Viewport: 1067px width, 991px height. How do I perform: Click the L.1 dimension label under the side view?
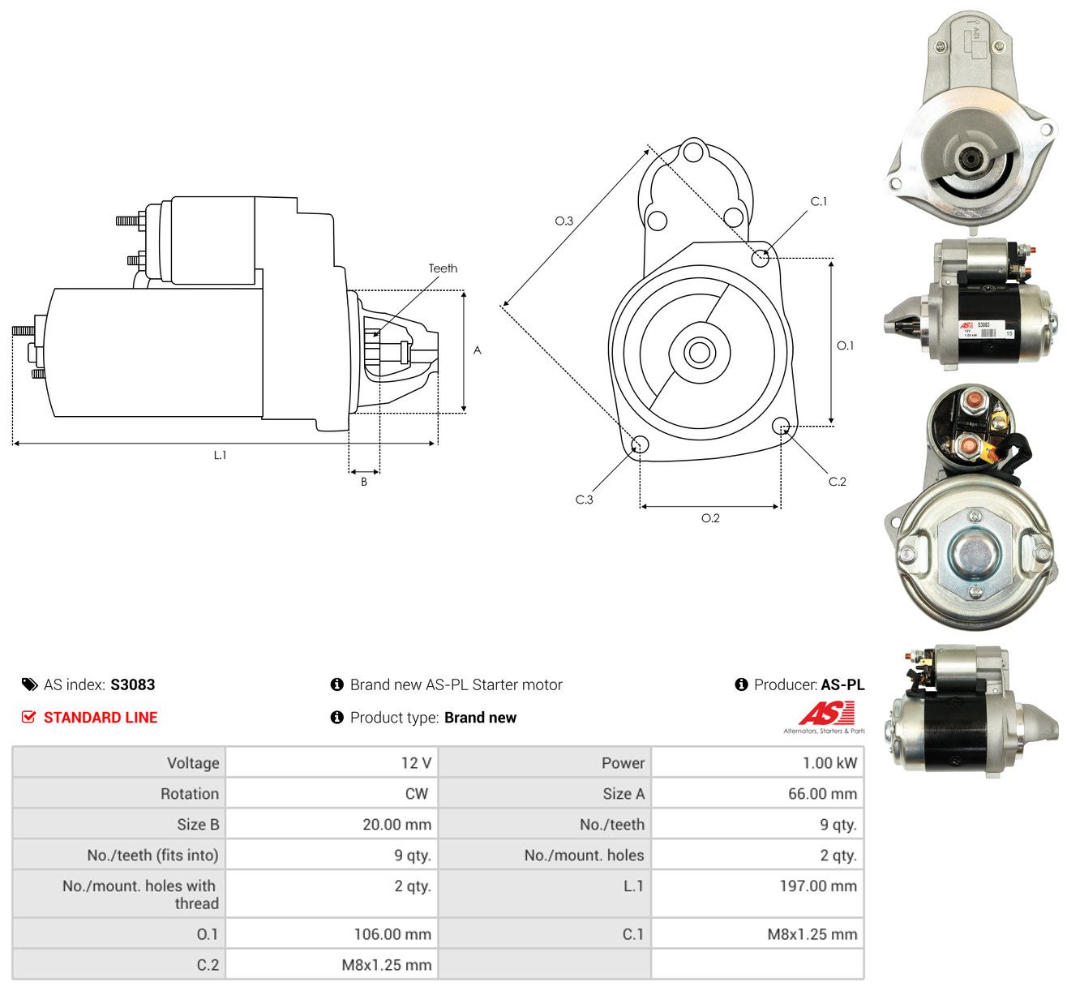(220, 455)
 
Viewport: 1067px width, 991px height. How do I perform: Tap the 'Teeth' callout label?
(443, 268)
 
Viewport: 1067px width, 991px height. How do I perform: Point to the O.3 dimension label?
(563, 221)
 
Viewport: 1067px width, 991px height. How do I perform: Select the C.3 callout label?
(584, 500)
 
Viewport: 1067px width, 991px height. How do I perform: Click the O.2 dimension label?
(710, 518)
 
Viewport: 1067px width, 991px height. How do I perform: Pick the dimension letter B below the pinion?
(364, 482)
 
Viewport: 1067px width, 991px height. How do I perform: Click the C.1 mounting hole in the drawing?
(760, 258)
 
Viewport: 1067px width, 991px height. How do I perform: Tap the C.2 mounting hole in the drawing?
(781, 427)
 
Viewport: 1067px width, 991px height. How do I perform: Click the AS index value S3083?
(133, 684)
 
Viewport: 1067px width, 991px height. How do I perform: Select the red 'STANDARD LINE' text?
(101, 718)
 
